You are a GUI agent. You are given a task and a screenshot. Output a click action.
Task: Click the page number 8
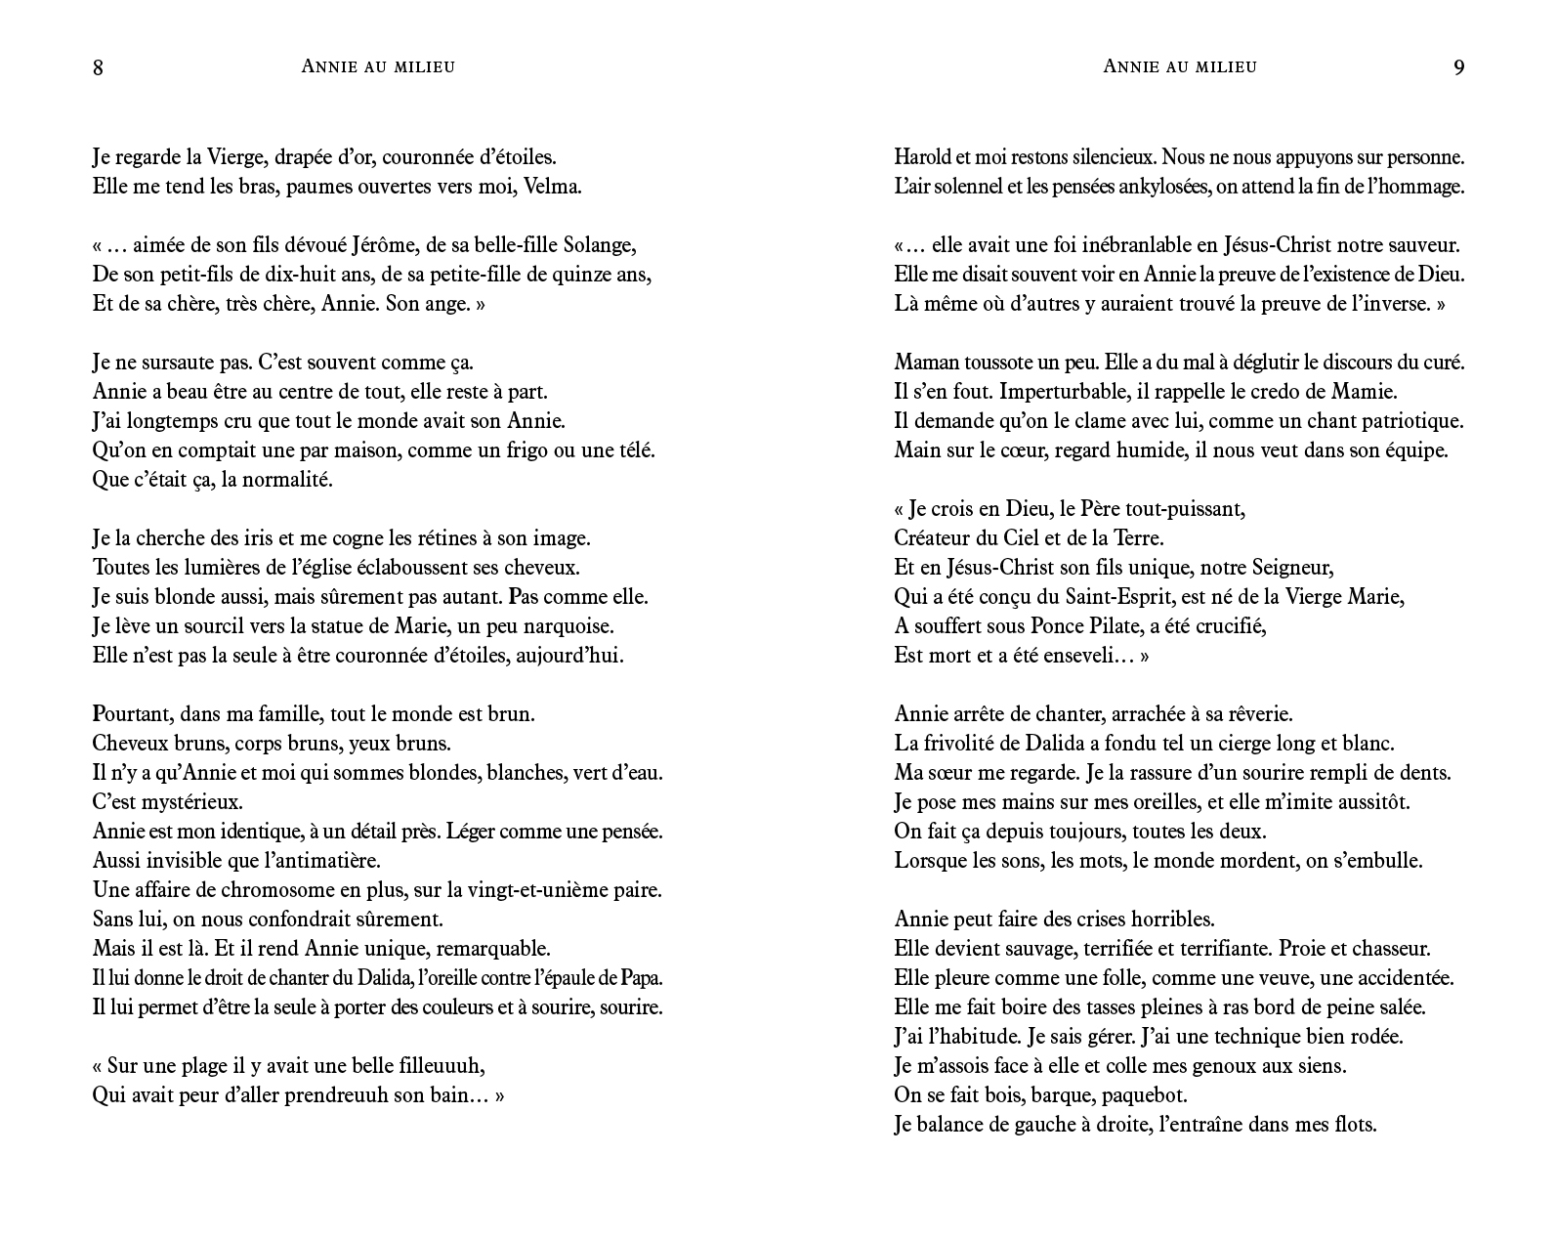(x=98, y=67)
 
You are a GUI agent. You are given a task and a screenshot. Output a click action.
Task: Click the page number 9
(x=1458, y=67)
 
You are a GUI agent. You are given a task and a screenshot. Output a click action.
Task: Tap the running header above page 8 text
(x=378, y=66)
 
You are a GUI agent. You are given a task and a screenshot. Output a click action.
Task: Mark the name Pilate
(x=1140, y=625)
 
